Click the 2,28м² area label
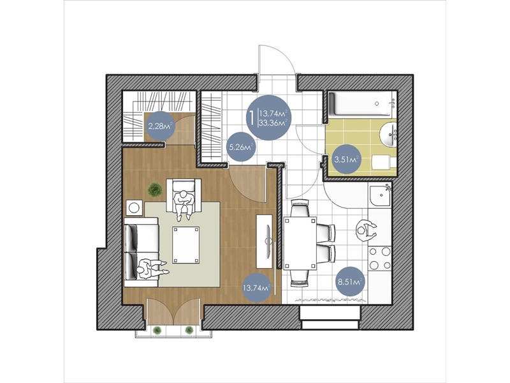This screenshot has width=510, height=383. (160, 126)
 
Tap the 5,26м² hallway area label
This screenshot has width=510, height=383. (241, 147)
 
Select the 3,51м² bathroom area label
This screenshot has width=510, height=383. (347, 159)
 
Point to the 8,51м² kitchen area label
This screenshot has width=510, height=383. (350, 282)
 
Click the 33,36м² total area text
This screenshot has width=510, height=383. (273, 123)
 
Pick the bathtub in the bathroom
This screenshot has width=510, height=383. (360, 104)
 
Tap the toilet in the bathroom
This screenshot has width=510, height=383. (384, 162)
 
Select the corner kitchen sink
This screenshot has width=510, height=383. (380, 195)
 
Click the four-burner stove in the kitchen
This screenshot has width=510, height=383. (380, 259)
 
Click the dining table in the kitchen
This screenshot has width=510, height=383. (300, 243)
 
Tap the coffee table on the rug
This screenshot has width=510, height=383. (186, 245)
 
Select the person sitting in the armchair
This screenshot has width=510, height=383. (184, 204)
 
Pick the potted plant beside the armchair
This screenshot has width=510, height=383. (155, 189)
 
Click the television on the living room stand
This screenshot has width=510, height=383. (268, 241)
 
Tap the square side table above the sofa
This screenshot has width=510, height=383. (134, 207)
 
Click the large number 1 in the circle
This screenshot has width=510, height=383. (251, 118)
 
